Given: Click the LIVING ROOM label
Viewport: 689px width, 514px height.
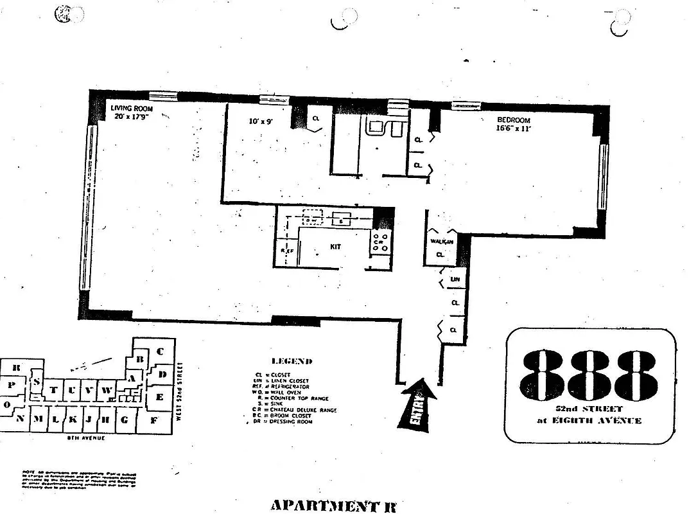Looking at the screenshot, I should (x=132, y=109).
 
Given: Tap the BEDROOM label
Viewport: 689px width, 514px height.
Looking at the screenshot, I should (x=513, y=120).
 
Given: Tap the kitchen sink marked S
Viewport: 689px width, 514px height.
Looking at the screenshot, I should (x=341, y=220).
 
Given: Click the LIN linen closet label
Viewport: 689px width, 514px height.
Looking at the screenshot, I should (x=455, y=279).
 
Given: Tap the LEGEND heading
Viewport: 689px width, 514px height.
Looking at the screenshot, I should (x=292, y=362).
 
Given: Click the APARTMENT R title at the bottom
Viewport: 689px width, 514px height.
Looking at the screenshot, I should (x=333, y=505).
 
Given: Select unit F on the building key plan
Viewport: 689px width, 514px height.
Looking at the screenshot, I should (x=153, y=421).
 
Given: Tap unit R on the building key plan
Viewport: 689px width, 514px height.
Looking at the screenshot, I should (x=16, y=368).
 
